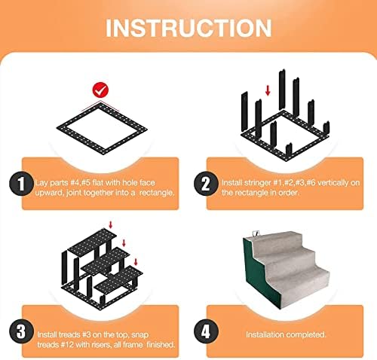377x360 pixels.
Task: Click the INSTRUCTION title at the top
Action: tap(188, 28)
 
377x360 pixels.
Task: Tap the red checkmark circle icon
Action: tap(100, 90)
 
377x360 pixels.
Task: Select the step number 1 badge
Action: tap(21, 184)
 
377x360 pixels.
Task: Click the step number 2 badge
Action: tap(206, 184)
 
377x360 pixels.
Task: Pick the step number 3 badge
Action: tap(21, 331)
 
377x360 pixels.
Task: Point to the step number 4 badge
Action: tap(206, 331)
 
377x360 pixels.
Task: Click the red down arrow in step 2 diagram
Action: tap(268, 90)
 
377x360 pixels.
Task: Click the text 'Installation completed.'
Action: tap(286, 334)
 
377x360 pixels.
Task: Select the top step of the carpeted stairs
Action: tap(277, 241)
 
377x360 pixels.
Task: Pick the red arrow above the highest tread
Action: tap(110, 225)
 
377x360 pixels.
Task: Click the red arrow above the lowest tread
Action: tap(136, 261)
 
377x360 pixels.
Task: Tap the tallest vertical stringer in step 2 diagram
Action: tap(282, 90)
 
